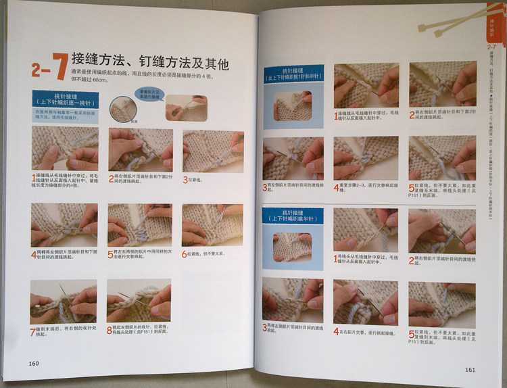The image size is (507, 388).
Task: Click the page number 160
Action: pyautogui.click(x=34, y=363)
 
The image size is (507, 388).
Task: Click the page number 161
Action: pyautogui.click(x=470, y=369)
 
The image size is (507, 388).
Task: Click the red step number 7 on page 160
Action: pyautogui.click(x=33, y=333)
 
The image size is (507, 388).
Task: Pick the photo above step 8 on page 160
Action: pyautogui.click(x=139, y=302)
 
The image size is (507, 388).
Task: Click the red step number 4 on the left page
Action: pyautogui.click(x=33, y=256)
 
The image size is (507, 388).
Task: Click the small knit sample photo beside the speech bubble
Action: pyautogui.click(x=186, y=107)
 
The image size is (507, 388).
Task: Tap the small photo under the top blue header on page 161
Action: pyautogui.click(x=293, y=106)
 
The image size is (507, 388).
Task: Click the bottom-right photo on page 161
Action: pyautogui.click(x=442, y=304)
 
